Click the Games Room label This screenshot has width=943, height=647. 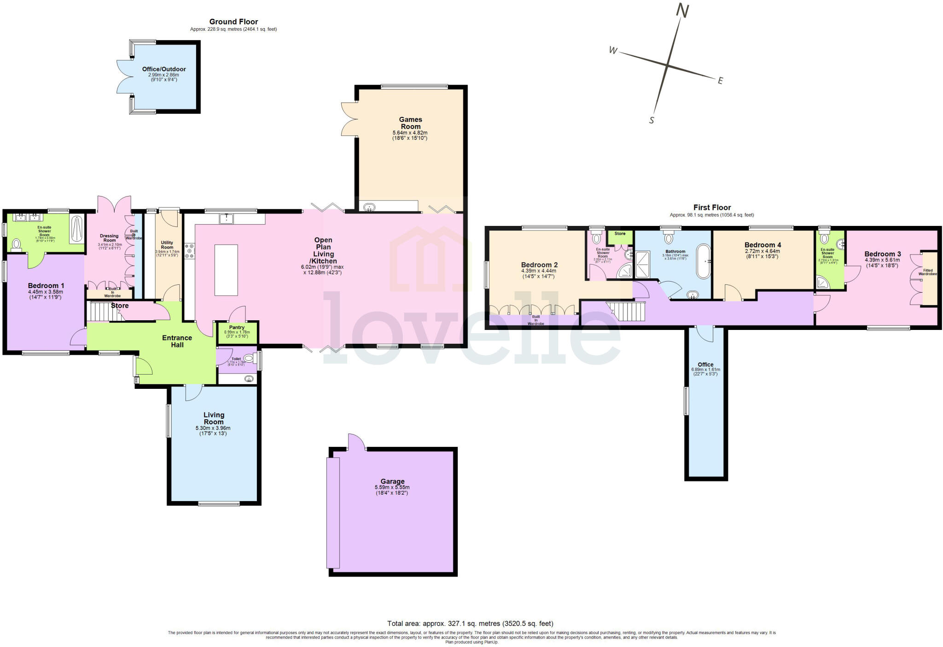[x=410, y=123]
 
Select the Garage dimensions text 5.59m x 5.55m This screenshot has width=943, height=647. [x=392, y=487]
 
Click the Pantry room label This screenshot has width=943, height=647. [x=237, y=328]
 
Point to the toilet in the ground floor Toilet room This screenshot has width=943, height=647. [x=249, y=358]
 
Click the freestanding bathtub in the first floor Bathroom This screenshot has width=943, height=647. [x=703, y=261]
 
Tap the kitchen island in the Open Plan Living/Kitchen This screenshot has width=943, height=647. [x=226, y=270]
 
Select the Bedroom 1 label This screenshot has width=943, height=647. [x=46, y=286]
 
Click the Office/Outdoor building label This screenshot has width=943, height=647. [x=164, y=69]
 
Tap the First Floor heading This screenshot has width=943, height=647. [x=712, y=208]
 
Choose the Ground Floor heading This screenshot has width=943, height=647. [x=233, y=22]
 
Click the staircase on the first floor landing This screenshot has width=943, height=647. [x=626, y=312]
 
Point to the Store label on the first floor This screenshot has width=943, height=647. [x=620, y=234]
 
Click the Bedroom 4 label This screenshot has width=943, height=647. [x=763, y=245]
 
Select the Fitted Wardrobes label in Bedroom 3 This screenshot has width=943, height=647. [x=927, y=272]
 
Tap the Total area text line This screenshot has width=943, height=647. [x=470, y=624]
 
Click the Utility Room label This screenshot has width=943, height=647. [x=167, y=245]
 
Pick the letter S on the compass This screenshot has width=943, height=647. [x=652, y=121]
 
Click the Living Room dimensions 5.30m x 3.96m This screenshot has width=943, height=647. [x=214, y=428]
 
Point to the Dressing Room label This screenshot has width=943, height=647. [x=109, y=238]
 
